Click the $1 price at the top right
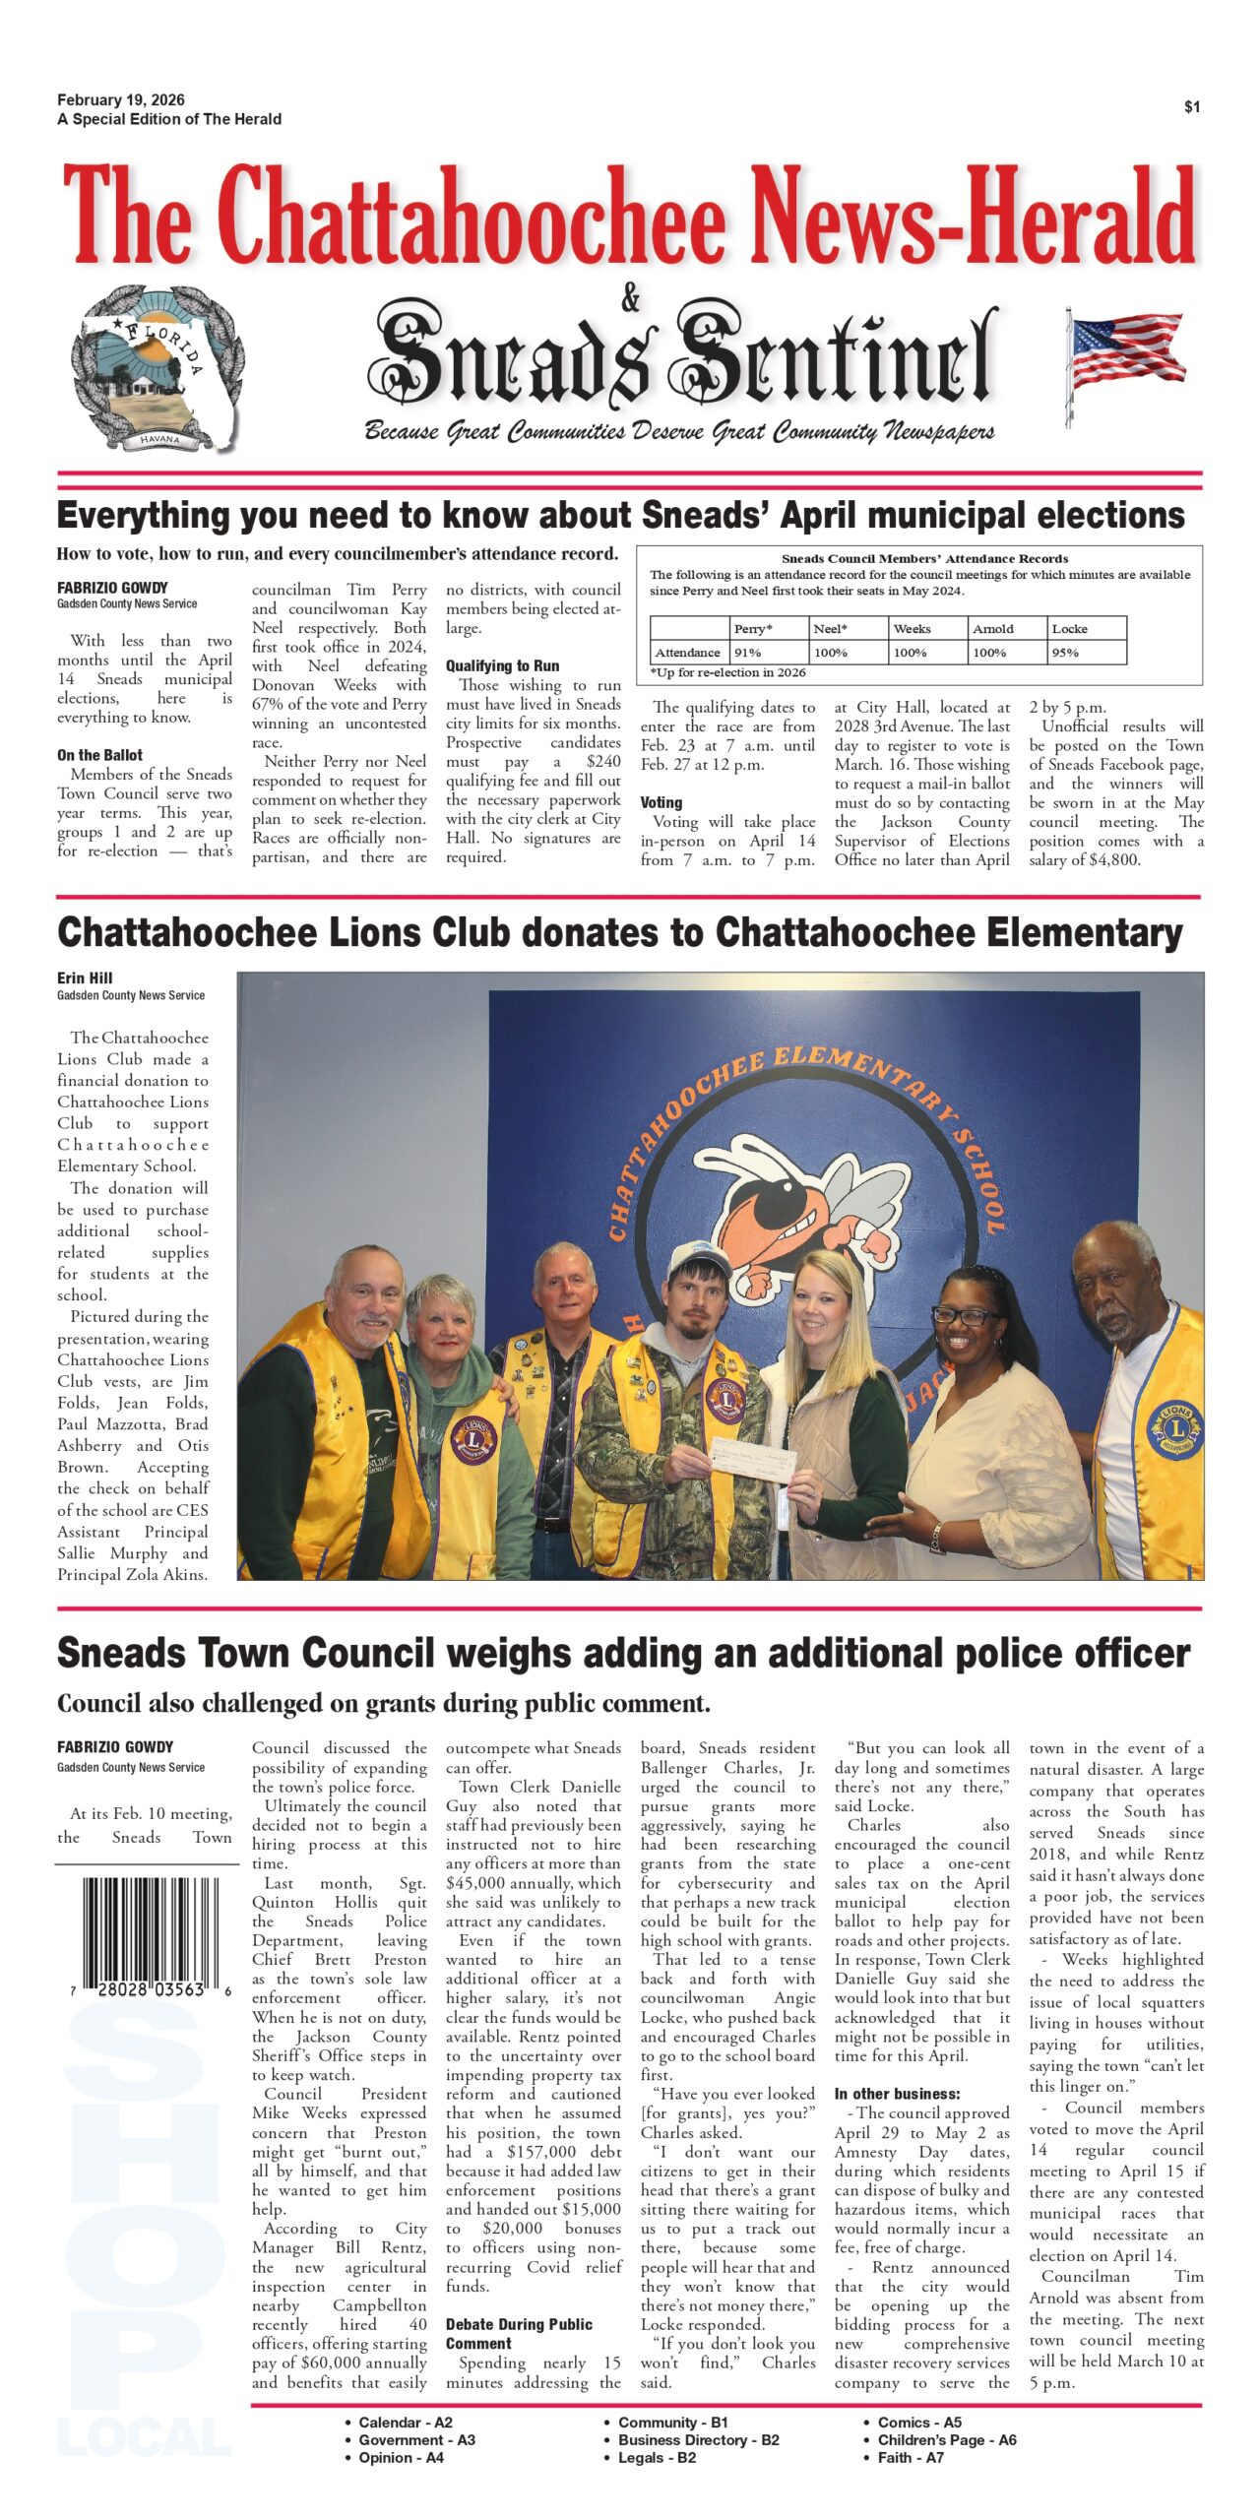click(x=1191, y=107)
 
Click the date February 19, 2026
click(x=120, y=100)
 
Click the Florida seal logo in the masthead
click(x=156, y=367)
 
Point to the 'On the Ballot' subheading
click(x=99, y=755)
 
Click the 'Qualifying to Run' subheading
click(x=502, y=666)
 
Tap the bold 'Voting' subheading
click(x=661, y=803)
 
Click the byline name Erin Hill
click(x=85, y=978)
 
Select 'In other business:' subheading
click(x=897, y=2094)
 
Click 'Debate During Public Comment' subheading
click(x=519, y=2333)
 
